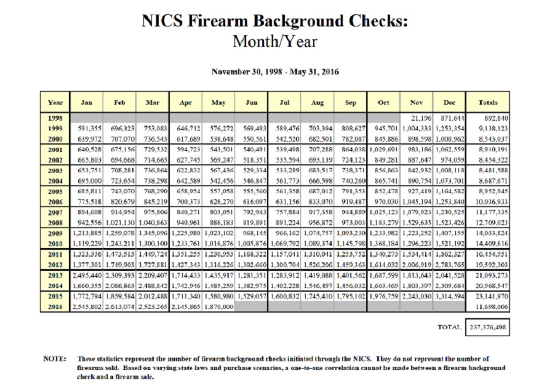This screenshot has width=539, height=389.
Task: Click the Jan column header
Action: click(87, 102)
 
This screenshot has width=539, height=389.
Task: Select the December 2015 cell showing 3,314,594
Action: click(450, 295)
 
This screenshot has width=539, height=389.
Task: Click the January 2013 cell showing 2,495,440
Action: click(87, 275)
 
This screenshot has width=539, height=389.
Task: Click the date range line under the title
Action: click(274, 71)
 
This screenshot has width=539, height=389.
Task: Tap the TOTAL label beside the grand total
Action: click(449, 327)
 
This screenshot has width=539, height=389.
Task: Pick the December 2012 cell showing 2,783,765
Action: click(450, 264)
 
